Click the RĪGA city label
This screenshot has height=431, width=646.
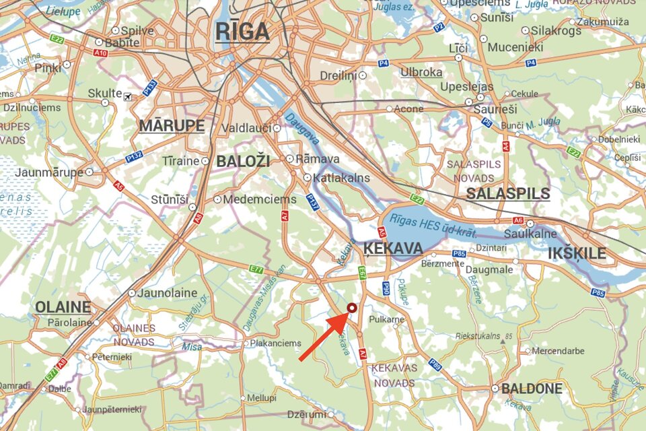pos(242,31)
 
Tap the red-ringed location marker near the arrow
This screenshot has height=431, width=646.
pos(351,308)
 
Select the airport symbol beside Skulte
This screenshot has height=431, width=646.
pos(128,96)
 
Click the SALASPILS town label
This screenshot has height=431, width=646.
pos(508,194)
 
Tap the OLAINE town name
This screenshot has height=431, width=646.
pos(63,307)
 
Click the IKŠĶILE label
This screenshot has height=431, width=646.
pos(577,254)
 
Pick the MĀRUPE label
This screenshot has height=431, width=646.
pos(172,126)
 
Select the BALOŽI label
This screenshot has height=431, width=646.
pos(243,161)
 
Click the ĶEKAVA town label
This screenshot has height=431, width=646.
pos(393,249)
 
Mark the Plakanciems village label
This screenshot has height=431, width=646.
pos(277,343)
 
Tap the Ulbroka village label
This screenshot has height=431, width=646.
pos(421,72)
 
